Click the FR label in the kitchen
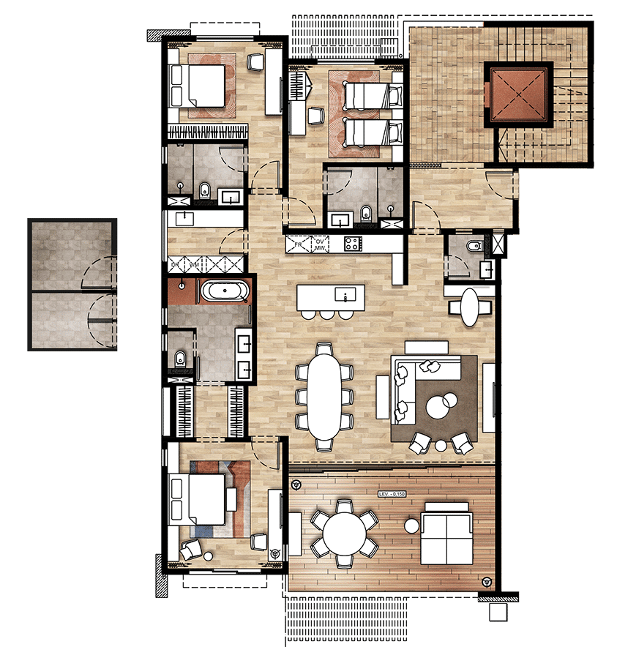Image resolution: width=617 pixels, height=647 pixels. click(x=298, y=242)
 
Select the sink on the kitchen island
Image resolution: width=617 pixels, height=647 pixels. click(x=345, y=295)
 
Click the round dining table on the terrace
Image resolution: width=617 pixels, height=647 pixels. click(x=345, y=534)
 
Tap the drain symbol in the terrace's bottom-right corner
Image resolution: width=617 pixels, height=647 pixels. click(x=486, y=582)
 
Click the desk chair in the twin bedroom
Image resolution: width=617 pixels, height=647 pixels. click(x=316, y=115)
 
